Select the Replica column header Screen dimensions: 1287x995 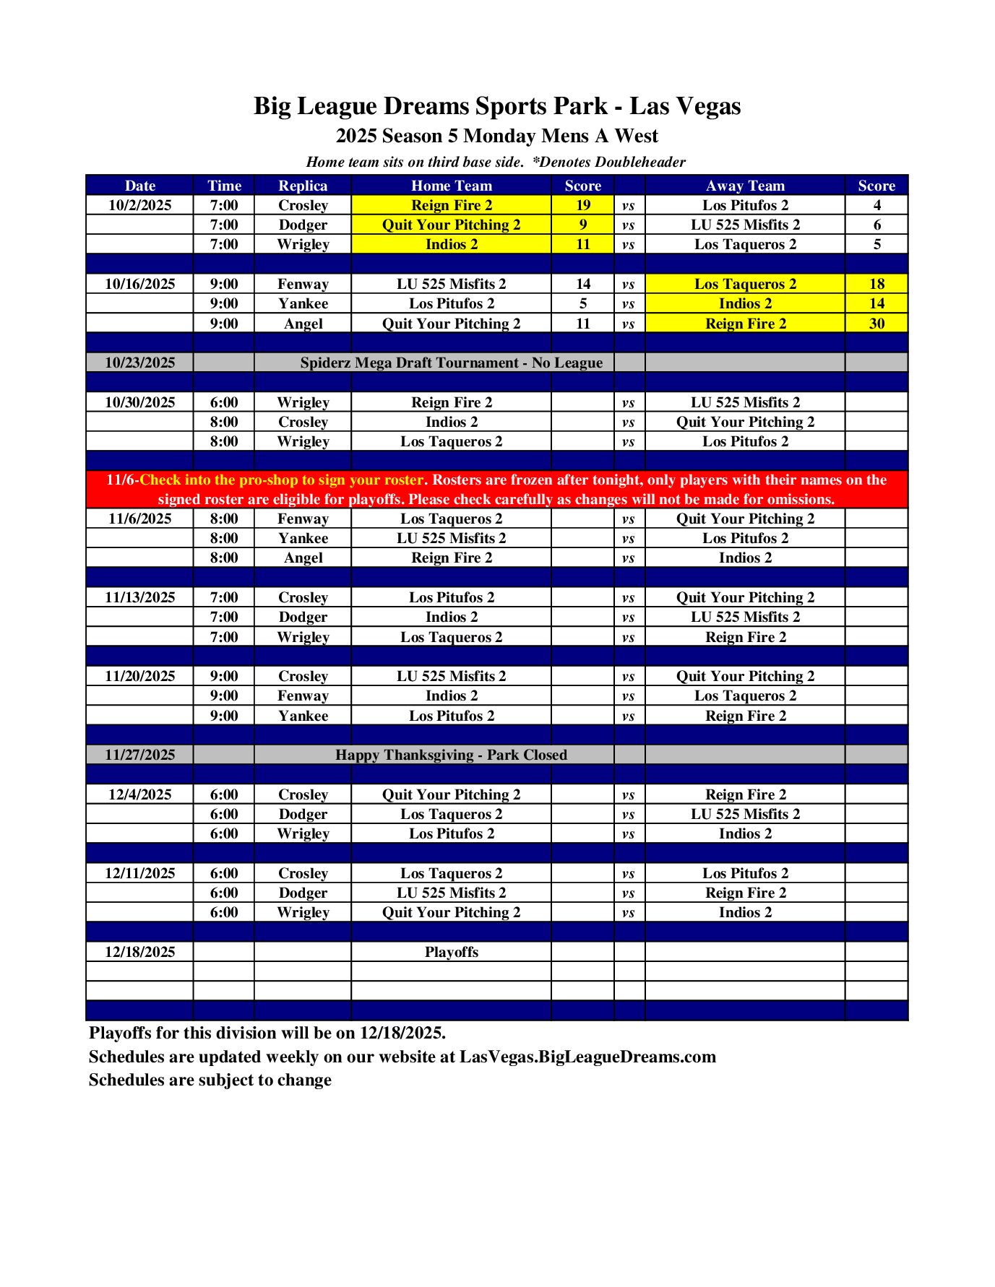click(303, 186)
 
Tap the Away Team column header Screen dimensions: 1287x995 click(745, 186)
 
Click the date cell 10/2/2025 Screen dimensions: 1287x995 click(139, 205)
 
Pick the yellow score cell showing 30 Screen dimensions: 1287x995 click(876, 324)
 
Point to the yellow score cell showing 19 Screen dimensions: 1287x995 click(582, 205)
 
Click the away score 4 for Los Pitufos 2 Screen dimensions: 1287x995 click(876, 205)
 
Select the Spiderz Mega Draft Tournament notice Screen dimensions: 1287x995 click(451, 363)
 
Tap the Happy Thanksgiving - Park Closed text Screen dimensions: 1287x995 click(451, 755)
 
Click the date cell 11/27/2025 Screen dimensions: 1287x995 click(139, 755)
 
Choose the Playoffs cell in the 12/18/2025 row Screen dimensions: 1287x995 click(451, 952)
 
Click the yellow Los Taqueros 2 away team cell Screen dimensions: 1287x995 click(745, 284)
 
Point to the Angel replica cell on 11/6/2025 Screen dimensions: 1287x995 click(303, 558)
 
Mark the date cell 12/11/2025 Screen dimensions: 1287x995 click(139, 873)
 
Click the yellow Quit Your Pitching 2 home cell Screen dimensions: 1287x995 click(451, 225)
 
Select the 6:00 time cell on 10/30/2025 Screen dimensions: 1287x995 click(224, 402)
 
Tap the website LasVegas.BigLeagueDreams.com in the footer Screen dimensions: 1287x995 click(587, 1057)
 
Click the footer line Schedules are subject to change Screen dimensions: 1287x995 click(210, 1080)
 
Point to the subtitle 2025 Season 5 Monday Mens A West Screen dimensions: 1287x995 click(496, 136)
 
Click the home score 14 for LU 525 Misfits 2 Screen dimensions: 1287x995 click(582, 284)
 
